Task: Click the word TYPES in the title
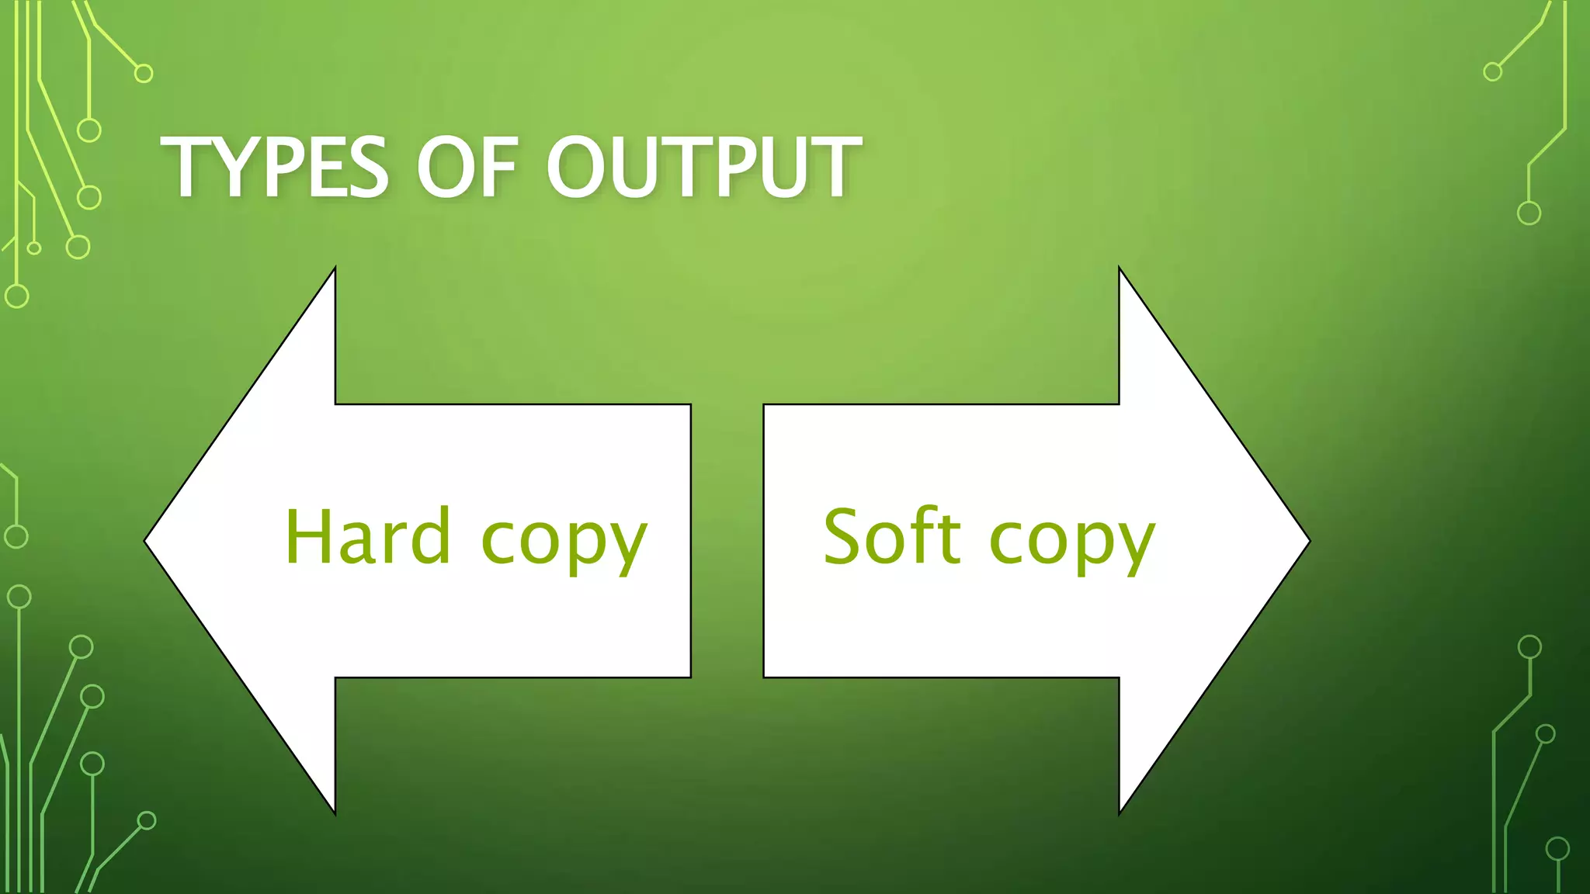point(274,168)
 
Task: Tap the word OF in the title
point(467,168)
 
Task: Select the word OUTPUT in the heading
point(703,168)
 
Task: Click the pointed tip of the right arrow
point(1307,541)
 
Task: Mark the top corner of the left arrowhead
point(335,269)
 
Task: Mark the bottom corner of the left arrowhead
point(335,813)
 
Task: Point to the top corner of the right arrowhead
point(1120,269)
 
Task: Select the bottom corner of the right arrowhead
point(1120,813)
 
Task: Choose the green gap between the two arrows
point(727,541)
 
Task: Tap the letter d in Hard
point(432,536)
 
